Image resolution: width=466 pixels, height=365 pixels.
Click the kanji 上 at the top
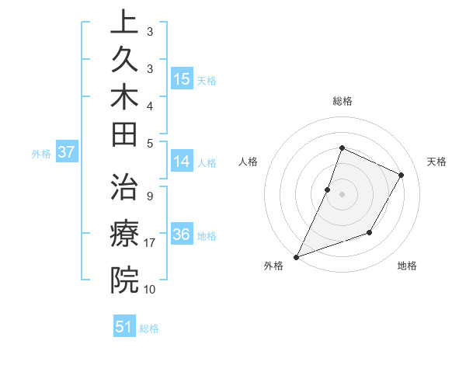[x=124, y=22]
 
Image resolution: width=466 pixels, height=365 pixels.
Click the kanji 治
[x=124, y=187]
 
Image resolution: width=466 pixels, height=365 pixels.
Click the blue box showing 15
[x=182, y=78]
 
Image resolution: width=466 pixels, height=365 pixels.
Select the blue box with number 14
[x=182, y=162]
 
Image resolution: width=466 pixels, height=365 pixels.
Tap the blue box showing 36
[x=182, y=235]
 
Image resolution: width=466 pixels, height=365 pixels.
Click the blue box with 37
[x=67, y=152]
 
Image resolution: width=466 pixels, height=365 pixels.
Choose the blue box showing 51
[x=124, y=327]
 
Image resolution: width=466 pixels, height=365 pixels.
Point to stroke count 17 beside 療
[x=151, y=243]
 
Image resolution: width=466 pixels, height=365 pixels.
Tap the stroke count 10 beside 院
[x=150, y=289]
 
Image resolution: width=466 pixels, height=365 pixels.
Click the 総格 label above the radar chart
[x=343, y=101]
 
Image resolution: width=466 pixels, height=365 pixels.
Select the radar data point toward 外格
[x=296, y=256]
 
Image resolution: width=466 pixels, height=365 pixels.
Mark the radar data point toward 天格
[x=402, y=175]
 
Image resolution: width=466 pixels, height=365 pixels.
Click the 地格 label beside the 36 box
[x=207, y=235]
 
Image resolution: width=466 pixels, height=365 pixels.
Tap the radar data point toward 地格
[x=370, y=232]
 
